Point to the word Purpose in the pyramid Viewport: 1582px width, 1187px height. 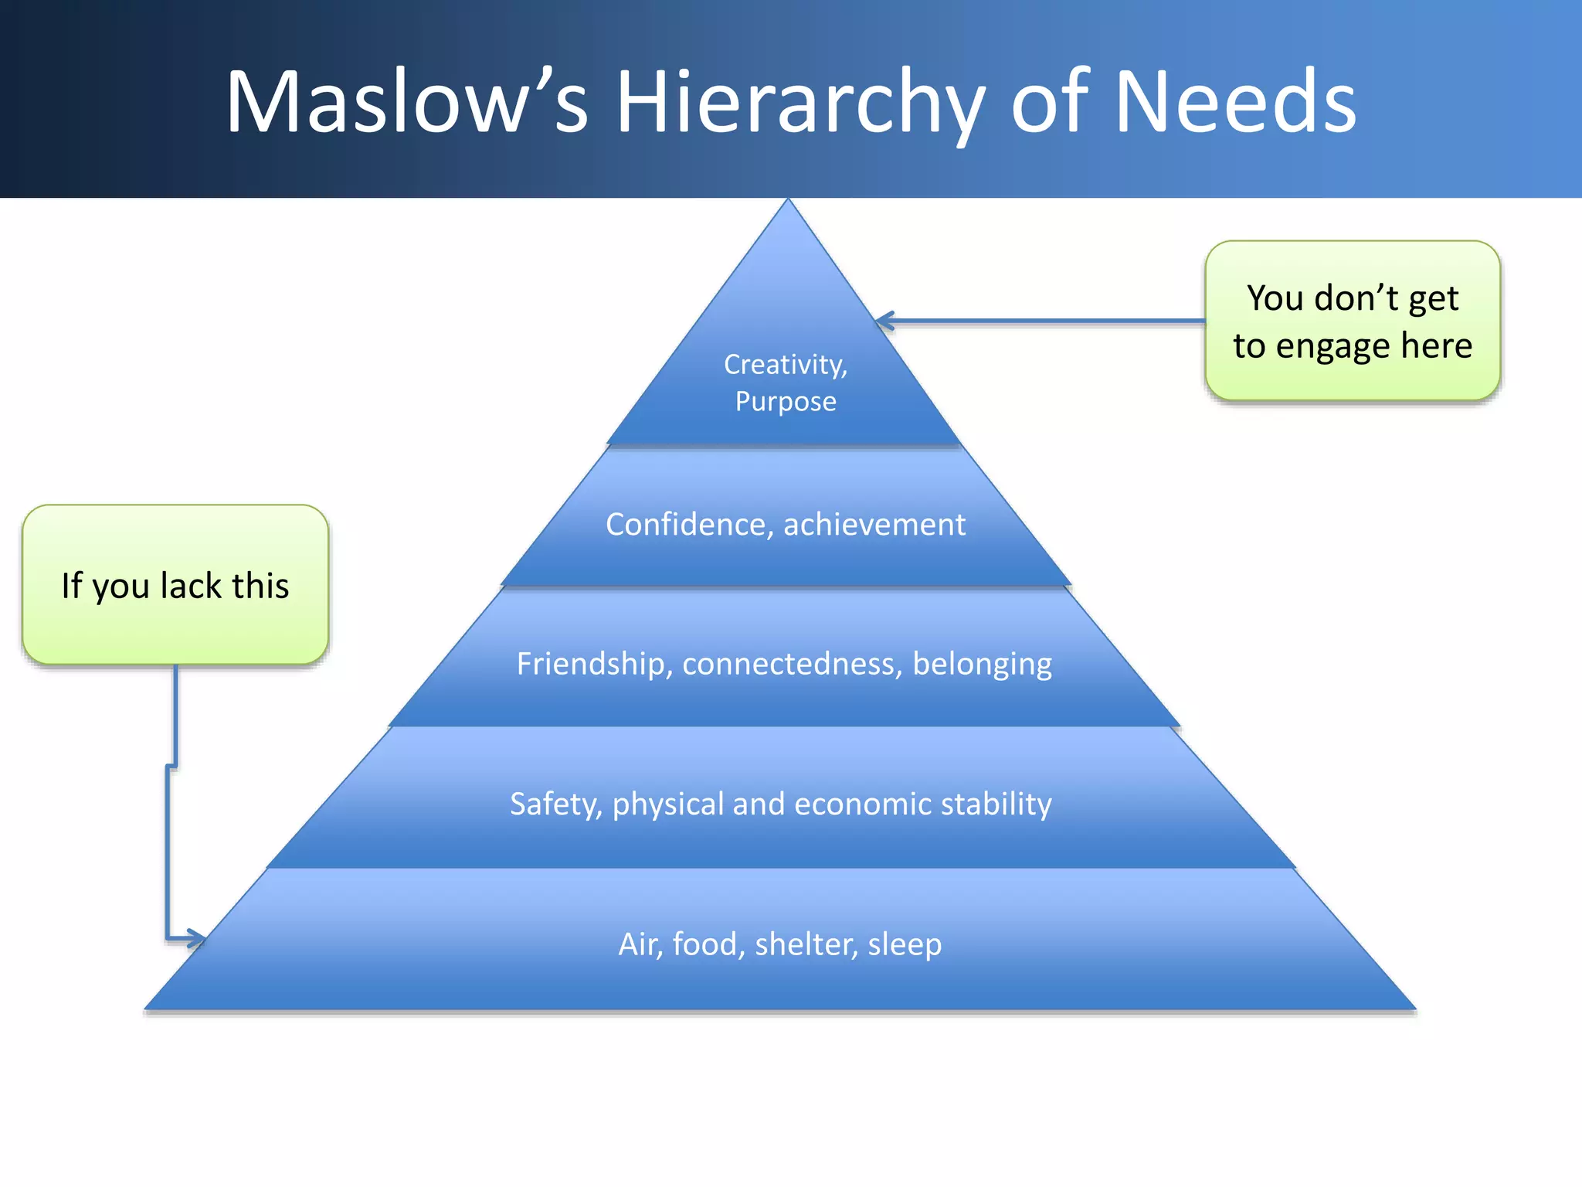pos(786,402)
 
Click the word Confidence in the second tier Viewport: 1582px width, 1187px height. pos(685,525)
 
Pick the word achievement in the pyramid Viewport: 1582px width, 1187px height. pos(874,525)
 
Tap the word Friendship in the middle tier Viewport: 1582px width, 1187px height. pos(590,664)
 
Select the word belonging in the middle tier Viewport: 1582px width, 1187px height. pos(982,664)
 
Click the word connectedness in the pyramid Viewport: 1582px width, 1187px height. pos(787,664)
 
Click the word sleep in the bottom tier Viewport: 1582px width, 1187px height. pos(905,944)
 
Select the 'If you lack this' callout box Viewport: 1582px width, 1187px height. pos(175,585)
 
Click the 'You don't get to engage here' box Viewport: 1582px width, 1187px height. pos(1352,321)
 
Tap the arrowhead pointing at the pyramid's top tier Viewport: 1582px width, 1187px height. pos(885,321)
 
